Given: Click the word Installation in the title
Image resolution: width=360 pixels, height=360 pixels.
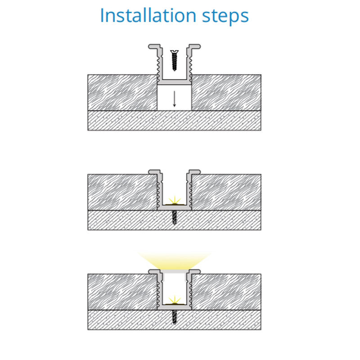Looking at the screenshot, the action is pyautogui.click(x=148, y=15).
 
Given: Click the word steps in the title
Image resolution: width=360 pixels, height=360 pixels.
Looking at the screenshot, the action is pyautogui.click(x=225, y=16).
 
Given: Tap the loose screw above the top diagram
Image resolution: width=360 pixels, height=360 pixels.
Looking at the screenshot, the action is pyautogui.click(x=175, y=60).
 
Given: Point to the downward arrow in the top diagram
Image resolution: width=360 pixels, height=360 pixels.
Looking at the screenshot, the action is pyautogui.click(x=174, y=99).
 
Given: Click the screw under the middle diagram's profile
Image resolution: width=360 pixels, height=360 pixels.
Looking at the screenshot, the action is pyautogui.click(x=175, y=217).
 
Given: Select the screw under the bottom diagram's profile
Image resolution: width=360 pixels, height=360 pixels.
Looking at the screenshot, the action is pyautogui.click(x=175, y=317).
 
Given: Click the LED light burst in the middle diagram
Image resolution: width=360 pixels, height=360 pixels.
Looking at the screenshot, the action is pyautogui.click(x=175, y=200).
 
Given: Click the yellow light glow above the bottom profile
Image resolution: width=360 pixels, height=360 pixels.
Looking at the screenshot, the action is pyautogui.click(x=175, y=261).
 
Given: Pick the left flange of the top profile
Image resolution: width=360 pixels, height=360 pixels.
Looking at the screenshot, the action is pyautogui.click(x=154, y=47).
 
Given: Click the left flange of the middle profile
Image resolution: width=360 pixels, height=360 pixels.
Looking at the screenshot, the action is pyautogui.click(x=154, y=172).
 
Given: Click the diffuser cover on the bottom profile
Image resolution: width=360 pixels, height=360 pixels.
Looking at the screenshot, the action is pyautogui.click(x=175, y=272).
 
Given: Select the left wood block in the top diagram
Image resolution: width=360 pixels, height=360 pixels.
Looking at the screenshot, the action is pyautogui.click(x=122, y=92).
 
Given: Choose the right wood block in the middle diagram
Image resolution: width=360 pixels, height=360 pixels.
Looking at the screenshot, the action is pyautogui.click(x=226, y=192).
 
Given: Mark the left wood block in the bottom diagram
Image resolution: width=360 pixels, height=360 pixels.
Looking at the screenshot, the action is pyautogui.click(x=122, y=292).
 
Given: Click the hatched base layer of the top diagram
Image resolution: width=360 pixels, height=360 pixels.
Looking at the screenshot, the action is pyautogui.click(x=175, y=120).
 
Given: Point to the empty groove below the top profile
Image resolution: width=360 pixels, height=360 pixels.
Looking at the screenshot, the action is pyautogui.click(x=175, y=98).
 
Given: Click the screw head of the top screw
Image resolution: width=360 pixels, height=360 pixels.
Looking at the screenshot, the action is pyautogui.click(x=175, y=52).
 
